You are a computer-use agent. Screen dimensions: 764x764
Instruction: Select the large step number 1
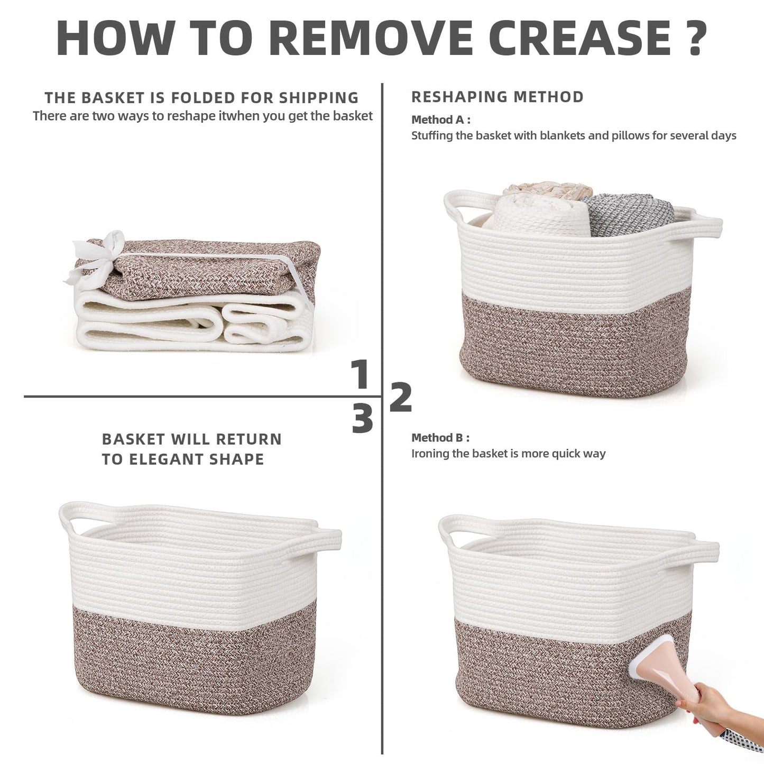coord(360,374)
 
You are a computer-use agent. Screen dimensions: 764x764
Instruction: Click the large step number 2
coord(401,397)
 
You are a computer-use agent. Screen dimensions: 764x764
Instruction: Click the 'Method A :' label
coord(441,119)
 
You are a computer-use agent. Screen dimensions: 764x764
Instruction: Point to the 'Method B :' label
coord(440,438)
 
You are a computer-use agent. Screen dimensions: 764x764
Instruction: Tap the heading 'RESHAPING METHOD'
coord(498,97)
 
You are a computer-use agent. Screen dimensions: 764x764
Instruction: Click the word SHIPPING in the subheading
coord(319,97)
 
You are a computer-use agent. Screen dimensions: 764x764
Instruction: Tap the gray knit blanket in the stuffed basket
coord(629,215)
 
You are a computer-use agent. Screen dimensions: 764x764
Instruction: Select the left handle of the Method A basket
coord(464,206)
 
